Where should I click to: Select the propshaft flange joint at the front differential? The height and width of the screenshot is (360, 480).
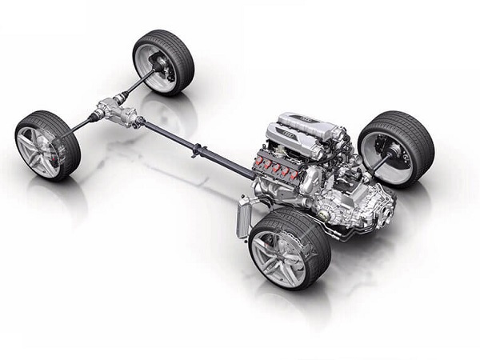[138, 122]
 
